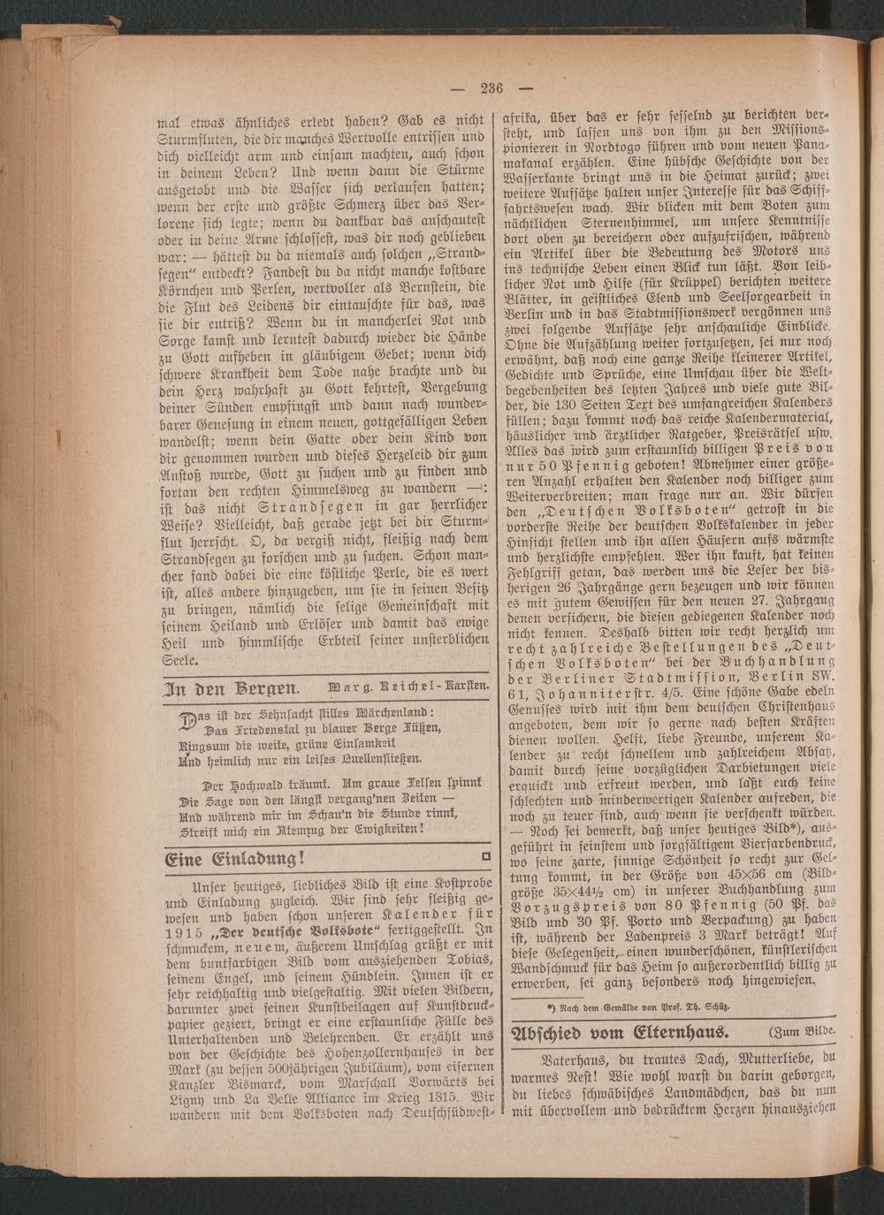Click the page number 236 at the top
point(492,87)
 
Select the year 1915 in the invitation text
point(184,932)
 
